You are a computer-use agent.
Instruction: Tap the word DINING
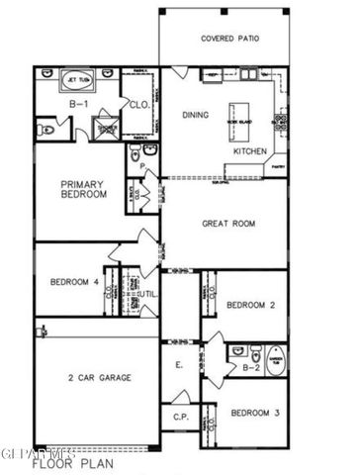(x=196, y=115)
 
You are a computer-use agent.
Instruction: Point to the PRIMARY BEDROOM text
(x=83, y=190)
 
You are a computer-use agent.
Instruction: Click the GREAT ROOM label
(x=228, y=224)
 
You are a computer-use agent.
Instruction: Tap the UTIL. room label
(x=149, y=295)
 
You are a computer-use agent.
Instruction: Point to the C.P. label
(x=180, y=417)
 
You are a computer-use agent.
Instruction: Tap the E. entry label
(x=179, y=365)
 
